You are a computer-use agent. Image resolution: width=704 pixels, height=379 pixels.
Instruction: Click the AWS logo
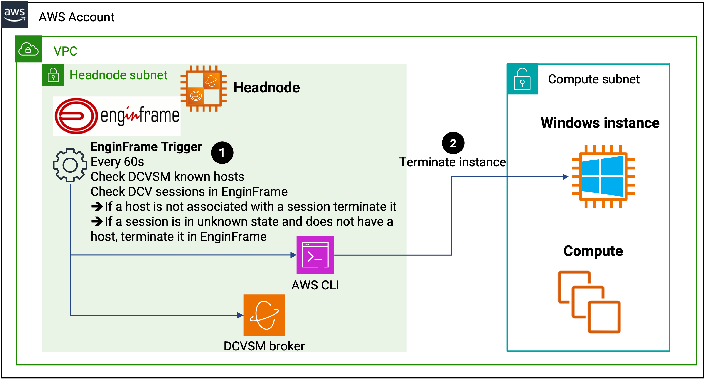[15, 14]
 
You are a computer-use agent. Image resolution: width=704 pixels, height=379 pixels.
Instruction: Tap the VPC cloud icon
[28, 49]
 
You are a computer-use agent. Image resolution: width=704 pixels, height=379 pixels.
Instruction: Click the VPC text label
[66, 51]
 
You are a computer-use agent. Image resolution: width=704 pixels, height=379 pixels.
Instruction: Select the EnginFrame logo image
[117, 116]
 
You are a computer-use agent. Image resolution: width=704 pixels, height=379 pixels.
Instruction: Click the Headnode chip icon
[204, 88]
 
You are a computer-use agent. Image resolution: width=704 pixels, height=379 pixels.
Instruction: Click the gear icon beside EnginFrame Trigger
[70, 165]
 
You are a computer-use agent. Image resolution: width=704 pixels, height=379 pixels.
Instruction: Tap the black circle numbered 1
[222, 153]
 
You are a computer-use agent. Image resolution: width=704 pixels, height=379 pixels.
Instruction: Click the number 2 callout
[453, 143]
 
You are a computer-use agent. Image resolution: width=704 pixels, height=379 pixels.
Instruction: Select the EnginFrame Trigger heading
[146, 147]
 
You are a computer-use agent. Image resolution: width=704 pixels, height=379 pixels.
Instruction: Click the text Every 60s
[117, 162]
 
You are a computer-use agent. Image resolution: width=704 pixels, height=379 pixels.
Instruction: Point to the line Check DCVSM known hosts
[167, 177]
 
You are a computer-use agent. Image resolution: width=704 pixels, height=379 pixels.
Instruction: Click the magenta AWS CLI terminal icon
[315, 255]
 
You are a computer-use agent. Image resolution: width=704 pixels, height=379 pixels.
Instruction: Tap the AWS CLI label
[315, 285]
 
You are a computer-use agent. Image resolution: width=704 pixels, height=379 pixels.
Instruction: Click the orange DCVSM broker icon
[264, 315]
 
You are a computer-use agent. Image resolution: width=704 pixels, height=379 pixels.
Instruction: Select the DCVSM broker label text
[264, 346]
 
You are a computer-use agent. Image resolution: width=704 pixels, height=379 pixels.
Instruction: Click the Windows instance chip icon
[603, 176]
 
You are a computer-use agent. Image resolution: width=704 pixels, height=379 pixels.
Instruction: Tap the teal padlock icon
[522, 79]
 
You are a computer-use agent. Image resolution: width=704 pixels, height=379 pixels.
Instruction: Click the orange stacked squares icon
[589, 302]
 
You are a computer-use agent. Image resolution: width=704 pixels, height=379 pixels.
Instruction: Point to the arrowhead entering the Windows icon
[566, 177]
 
